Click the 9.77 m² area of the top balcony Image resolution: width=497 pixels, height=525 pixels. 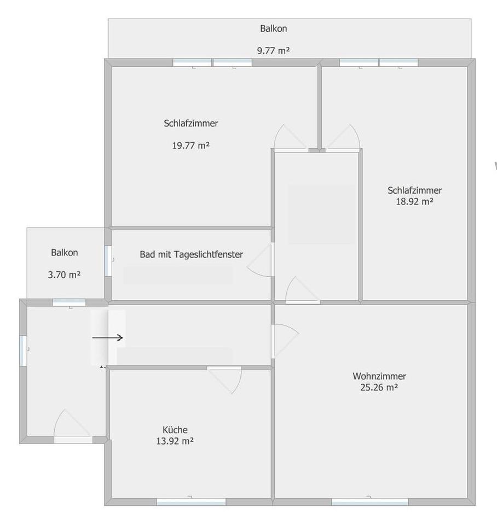273,51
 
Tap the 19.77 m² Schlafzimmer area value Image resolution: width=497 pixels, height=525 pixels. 191,145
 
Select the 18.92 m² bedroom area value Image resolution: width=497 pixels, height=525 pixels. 414,201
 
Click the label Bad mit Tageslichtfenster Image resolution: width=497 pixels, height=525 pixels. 191,254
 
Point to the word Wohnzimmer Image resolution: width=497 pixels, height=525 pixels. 379,376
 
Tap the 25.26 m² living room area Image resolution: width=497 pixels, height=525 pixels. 379,387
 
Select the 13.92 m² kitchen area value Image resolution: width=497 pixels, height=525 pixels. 175,440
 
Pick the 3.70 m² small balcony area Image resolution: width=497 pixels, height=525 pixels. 64,275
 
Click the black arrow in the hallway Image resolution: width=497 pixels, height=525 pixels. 107,338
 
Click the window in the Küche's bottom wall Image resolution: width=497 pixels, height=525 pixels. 191,501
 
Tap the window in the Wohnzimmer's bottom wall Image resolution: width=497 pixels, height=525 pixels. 370,501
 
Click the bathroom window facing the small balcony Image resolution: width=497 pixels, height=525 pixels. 108,260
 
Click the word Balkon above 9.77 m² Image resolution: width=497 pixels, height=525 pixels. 273,28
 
